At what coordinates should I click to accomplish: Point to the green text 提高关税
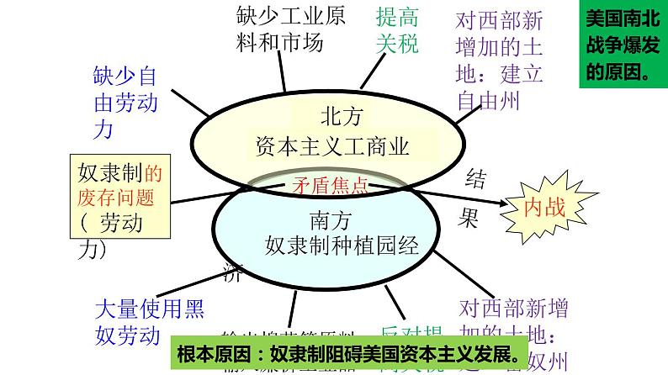click(397, 30)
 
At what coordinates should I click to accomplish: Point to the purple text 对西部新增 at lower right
click(514, 310)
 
